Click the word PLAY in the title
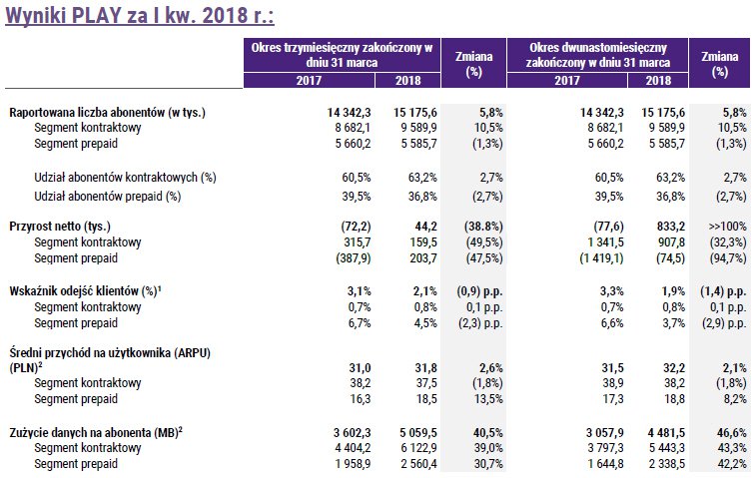97,15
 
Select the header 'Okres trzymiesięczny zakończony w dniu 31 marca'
342,55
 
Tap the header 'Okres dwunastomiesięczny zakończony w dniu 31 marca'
598,55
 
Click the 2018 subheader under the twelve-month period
658,80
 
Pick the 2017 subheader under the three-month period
309,80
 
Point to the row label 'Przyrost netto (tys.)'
60,227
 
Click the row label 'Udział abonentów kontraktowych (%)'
125,178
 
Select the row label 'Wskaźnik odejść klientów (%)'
85,291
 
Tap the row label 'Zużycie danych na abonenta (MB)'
96,433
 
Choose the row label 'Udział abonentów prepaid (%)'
108,197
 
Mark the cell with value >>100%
728,227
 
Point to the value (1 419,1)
601,258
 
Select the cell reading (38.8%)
483,227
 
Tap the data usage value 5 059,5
418,433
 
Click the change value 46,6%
731,433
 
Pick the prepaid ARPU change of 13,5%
488,399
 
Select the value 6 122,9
418,448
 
